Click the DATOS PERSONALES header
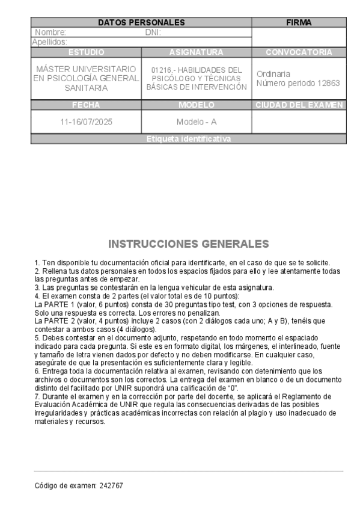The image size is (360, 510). (141, 23)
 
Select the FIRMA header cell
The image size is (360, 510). (299, 23)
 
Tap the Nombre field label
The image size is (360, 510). (50, 32)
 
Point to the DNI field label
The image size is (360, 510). (153, 32)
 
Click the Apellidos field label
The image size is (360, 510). (49, 42)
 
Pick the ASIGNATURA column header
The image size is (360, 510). (197, 52)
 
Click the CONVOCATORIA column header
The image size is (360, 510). (299, 52)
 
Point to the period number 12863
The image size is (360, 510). (327, 83)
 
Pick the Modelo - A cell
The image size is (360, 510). (197, 121)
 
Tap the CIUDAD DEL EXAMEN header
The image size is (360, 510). (299, 105)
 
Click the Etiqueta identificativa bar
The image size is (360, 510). (188, 139)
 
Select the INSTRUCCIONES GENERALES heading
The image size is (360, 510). (189, 244)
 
